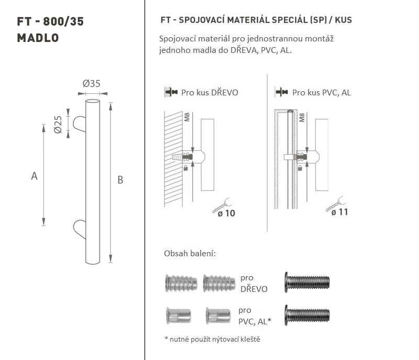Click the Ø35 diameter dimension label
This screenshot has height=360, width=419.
point(91,83)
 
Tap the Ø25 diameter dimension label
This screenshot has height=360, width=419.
point(58,124)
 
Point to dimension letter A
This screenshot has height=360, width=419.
point(34,176)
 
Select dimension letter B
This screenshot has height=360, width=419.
point(120,180)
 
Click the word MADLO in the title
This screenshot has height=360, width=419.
point(38,38)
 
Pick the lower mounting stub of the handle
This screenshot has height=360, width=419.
point(80,229)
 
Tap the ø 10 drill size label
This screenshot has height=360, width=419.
point(226,213)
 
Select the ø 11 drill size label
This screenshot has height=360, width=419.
point(339,212)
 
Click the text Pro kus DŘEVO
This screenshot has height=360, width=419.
point(210,92)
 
